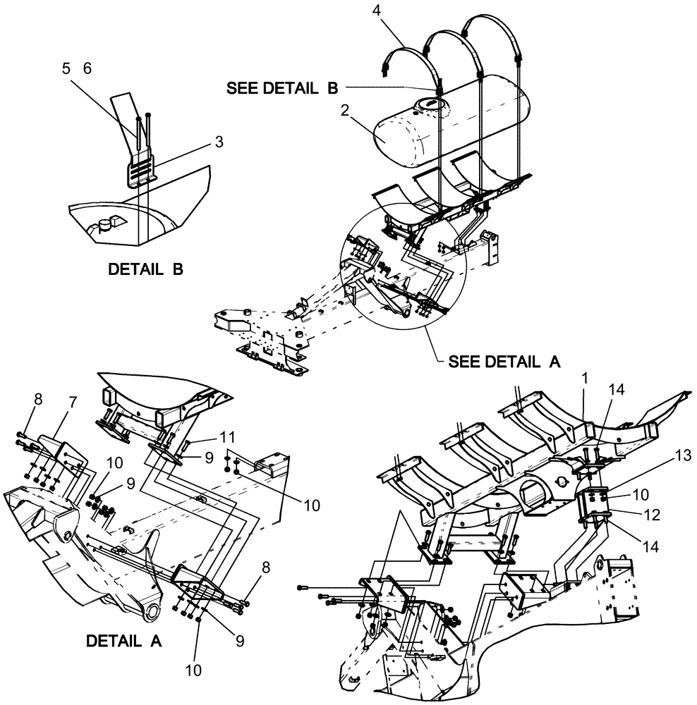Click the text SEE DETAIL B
(x=282, y=88)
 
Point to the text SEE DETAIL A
(x=504, y=362)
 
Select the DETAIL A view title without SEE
(x=123, y=642)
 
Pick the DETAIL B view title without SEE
(x=145, y=269)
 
